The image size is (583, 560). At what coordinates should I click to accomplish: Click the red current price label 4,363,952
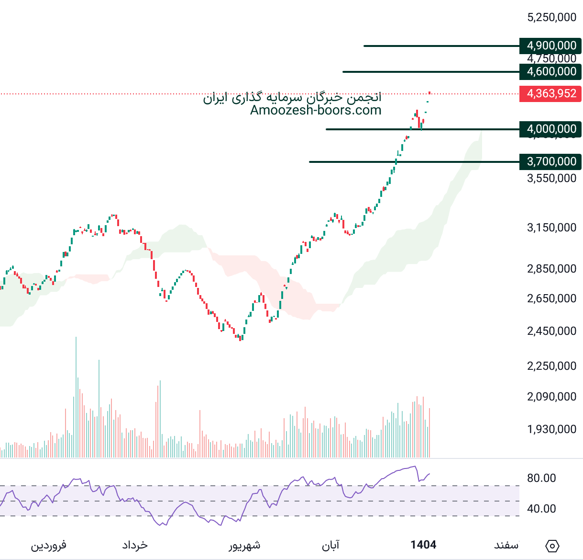550,93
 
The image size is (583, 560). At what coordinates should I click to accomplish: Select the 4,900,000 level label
550,46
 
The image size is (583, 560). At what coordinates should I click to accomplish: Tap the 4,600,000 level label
550,71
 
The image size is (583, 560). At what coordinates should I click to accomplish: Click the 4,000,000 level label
550,129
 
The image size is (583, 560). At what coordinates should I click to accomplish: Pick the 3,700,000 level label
550,161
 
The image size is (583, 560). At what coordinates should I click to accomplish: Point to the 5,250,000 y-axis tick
551,17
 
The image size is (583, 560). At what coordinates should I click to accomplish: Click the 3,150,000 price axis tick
551,228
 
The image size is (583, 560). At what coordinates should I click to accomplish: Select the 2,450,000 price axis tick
551,331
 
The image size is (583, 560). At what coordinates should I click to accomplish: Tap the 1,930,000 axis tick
551,429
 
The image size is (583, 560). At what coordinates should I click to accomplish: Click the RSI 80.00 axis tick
541,478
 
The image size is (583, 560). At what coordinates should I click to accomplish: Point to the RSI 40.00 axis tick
541,509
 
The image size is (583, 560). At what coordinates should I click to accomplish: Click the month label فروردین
49,545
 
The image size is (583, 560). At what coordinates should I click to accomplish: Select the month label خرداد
135,545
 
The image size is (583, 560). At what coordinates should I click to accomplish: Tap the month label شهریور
244,545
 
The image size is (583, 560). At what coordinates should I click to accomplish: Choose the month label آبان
330,545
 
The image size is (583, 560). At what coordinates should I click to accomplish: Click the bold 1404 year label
423,545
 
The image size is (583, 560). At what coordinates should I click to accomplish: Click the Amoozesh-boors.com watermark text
316,110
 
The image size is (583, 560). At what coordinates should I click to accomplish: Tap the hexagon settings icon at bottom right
552,546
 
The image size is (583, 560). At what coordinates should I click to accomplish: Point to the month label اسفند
506,545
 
